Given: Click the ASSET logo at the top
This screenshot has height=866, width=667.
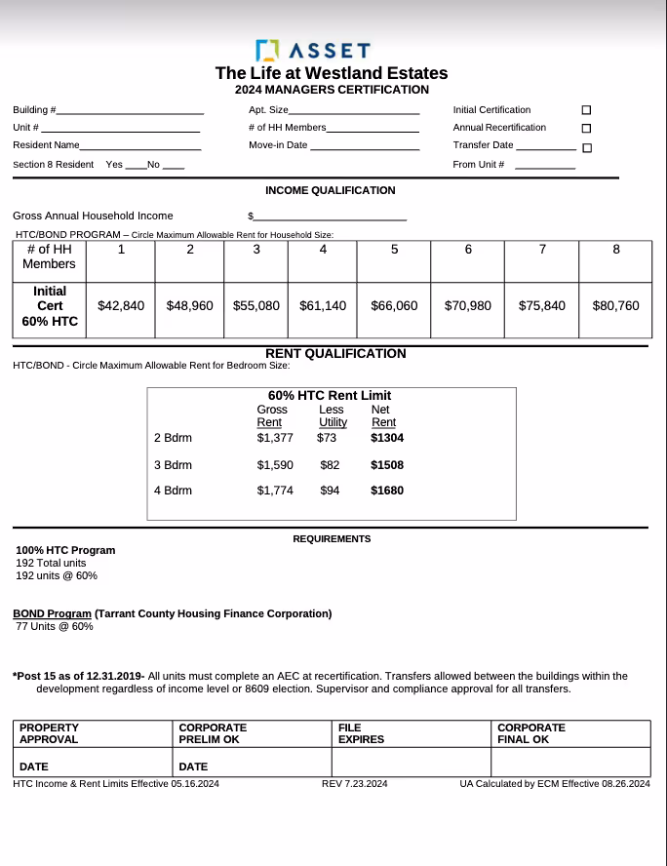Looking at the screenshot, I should (312, 50).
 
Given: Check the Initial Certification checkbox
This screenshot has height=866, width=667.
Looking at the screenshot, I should (586, 110).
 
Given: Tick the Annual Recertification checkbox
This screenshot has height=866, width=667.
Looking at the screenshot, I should (586, 128).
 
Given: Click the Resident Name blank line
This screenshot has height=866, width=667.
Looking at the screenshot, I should (140, 147).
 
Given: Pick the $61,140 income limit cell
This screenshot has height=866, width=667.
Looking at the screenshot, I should (323, 306).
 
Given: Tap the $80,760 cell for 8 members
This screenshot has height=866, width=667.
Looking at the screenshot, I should (615, 306).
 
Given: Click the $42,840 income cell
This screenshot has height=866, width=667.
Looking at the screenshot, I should (121, 306).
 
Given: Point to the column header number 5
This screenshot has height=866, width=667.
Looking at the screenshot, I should (394, 250).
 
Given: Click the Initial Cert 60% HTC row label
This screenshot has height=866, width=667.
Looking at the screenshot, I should (50, 306).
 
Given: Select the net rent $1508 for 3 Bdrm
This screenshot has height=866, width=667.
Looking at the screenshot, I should (387, 465).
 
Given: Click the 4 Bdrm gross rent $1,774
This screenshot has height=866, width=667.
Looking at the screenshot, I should (275, 491).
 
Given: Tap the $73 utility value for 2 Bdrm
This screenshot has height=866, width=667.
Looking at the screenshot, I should (327, 438).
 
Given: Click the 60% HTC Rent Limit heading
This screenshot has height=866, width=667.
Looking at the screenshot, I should (330, 396).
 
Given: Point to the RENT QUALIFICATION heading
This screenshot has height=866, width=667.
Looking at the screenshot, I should (335, 354).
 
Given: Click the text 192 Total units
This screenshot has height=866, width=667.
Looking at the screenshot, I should (51, 564).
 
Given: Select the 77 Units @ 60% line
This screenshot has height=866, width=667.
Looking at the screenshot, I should (55, 626).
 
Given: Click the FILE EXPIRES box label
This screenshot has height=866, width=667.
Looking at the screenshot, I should (361, 733).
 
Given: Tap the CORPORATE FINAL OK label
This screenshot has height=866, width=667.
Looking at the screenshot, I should (531, 733).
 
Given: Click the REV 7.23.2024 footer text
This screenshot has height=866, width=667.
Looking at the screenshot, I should (355, 784).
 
